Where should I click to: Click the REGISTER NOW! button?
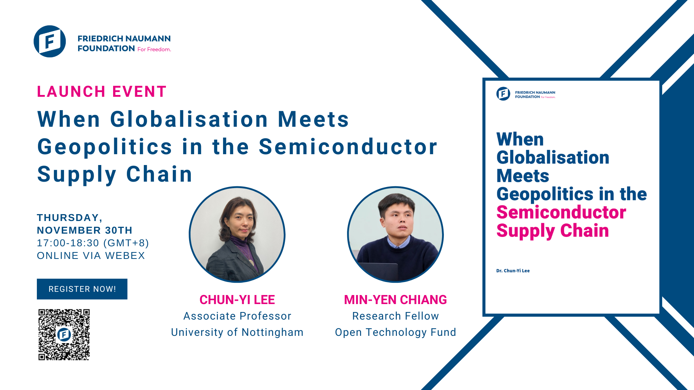coord(82,289)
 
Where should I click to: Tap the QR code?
coord(64,334)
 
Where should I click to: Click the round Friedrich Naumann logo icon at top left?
coord(50,41)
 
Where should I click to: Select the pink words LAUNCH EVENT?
coord(102,92)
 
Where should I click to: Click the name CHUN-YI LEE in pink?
coord(237,300)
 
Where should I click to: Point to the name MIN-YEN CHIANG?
coord(395,300)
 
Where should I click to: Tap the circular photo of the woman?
coord(237,234)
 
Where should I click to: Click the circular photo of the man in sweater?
coord(395,234)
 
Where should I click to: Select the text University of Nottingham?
coord(237,332)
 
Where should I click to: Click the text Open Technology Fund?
coord(395,332)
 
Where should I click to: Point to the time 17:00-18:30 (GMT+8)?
coord(93,243)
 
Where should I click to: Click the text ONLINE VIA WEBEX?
coord(91,256)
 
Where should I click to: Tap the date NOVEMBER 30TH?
coord(85,230)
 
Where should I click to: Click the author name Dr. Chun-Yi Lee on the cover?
coord(513,271)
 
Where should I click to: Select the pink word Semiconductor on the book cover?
coord(561,212)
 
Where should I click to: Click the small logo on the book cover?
coord(503,94)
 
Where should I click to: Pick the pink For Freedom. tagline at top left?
coord(154,49)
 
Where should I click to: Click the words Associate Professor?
coord(237,316)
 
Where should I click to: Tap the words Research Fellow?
coord(395,316)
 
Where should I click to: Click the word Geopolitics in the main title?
coord(105,147)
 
